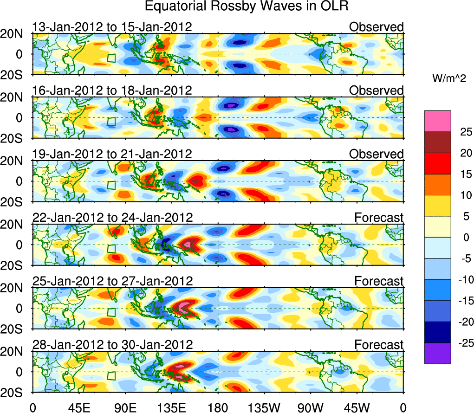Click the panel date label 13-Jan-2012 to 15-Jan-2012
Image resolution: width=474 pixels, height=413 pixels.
pos(112,27)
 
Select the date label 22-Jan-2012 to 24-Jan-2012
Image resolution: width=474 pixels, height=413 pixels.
pos(112,217)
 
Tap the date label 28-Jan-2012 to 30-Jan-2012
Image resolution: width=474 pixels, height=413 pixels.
pos(112,345)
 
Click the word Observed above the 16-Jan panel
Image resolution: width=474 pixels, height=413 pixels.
pos(377,90)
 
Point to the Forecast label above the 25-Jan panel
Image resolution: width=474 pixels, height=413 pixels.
pos(379,281)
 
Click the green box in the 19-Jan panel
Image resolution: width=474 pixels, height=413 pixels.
pos(111,184)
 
